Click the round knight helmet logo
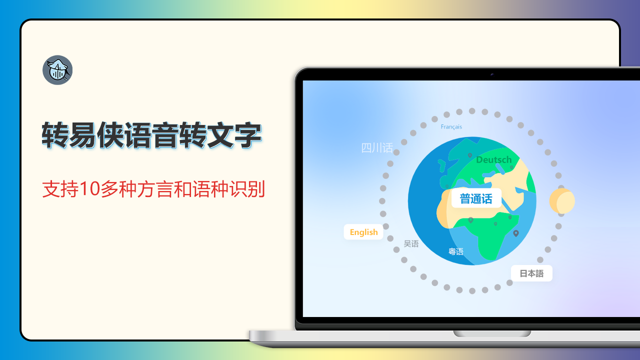point(57,70)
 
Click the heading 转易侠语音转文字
point(151,135)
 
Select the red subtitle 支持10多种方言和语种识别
point(153,189)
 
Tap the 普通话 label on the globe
point(476,198)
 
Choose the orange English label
point(363,232)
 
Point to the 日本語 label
point(531,273)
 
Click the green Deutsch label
point(494,160)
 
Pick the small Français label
point(451,127)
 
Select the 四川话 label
point(377,148)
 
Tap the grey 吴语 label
point(411,244)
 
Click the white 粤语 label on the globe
point(455,251)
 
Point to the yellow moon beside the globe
point(561,201)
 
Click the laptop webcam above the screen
point(492,74)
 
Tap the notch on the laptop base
point(492,333)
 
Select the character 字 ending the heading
point(247,135)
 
